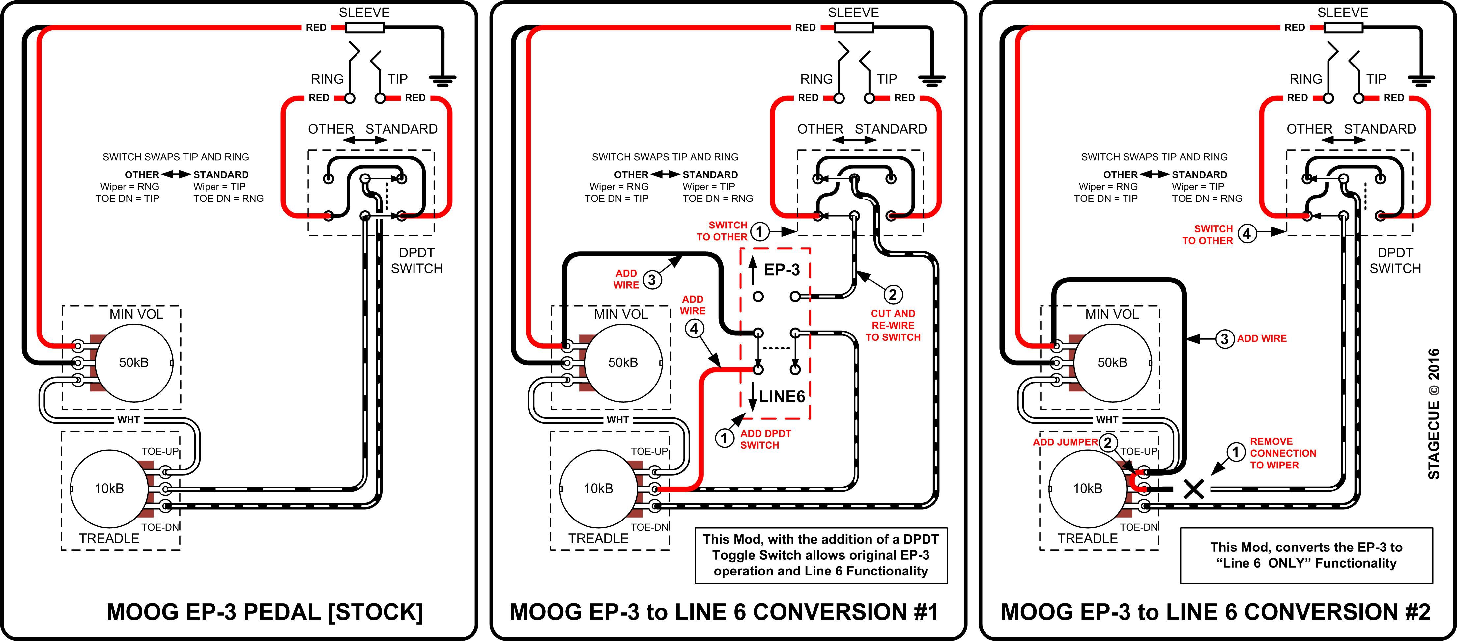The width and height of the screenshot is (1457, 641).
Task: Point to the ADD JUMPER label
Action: point(1065,442)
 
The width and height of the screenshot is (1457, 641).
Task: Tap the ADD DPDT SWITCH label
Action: point(765,439)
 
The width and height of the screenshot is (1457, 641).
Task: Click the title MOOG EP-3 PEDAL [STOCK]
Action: point(265,612)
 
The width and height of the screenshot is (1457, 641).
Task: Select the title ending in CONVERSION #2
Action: point(1215,612)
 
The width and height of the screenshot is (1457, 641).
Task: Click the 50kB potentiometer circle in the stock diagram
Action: point(133,362)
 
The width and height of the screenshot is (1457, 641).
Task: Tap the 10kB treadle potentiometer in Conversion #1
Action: point(598,488)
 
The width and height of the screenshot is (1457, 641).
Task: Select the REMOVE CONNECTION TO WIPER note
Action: point(1283,453)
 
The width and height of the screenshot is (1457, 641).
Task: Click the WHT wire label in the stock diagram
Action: point(129,420)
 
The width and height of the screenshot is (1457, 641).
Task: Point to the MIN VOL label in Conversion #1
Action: point(620,314)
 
